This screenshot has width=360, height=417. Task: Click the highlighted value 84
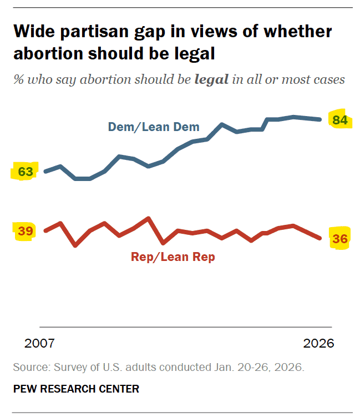[339, 119]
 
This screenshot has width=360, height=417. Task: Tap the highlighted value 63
[25, 172]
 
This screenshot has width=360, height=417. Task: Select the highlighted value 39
[25, 231]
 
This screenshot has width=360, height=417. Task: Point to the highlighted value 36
[339, 239]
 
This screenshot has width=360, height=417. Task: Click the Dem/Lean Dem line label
[154, 127]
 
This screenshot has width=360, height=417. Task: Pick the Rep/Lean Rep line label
[173, 257]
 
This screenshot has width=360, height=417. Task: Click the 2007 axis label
[40, 343]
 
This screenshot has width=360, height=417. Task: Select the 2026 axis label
[318, 343]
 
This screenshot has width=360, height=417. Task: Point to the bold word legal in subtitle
[211, 79]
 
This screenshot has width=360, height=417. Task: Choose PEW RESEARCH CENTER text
[76, 389]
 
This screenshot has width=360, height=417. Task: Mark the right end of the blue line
[321, 119]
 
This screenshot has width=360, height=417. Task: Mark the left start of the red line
[45, 230]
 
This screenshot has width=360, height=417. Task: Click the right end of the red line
[321, 238]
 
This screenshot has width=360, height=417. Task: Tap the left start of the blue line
[45, 171]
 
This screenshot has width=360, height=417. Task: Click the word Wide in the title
[37, 32]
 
